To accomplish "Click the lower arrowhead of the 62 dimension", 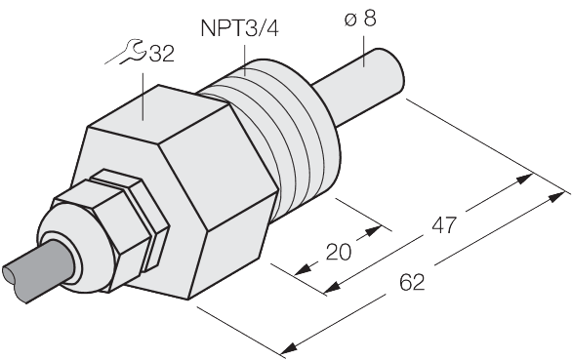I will point(289,348).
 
